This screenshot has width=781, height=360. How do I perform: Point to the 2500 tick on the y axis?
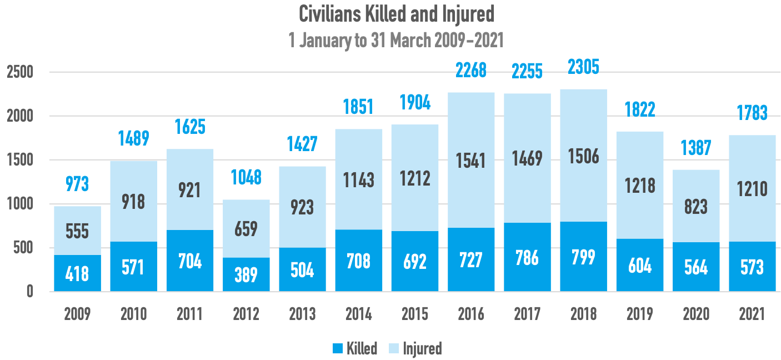coord(21,72)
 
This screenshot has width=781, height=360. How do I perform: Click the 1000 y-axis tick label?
coord(21,204)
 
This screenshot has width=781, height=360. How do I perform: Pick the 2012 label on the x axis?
coord(246,314)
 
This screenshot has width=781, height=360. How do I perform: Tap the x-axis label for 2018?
coord(583,314)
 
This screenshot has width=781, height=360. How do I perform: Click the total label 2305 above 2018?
coord(583,68)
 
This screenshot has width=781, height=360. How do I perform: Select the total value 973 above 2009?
coord(77,184)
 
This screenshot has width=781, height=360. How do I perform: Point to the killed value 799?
coord(583,257)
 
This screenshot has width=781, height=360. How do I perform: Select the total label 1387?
coord(696,148)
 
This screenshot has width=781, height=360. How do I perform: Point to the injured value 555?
coord(77,231)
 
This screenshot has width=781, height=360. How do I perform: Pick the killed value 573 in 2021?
coord(752,268)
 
